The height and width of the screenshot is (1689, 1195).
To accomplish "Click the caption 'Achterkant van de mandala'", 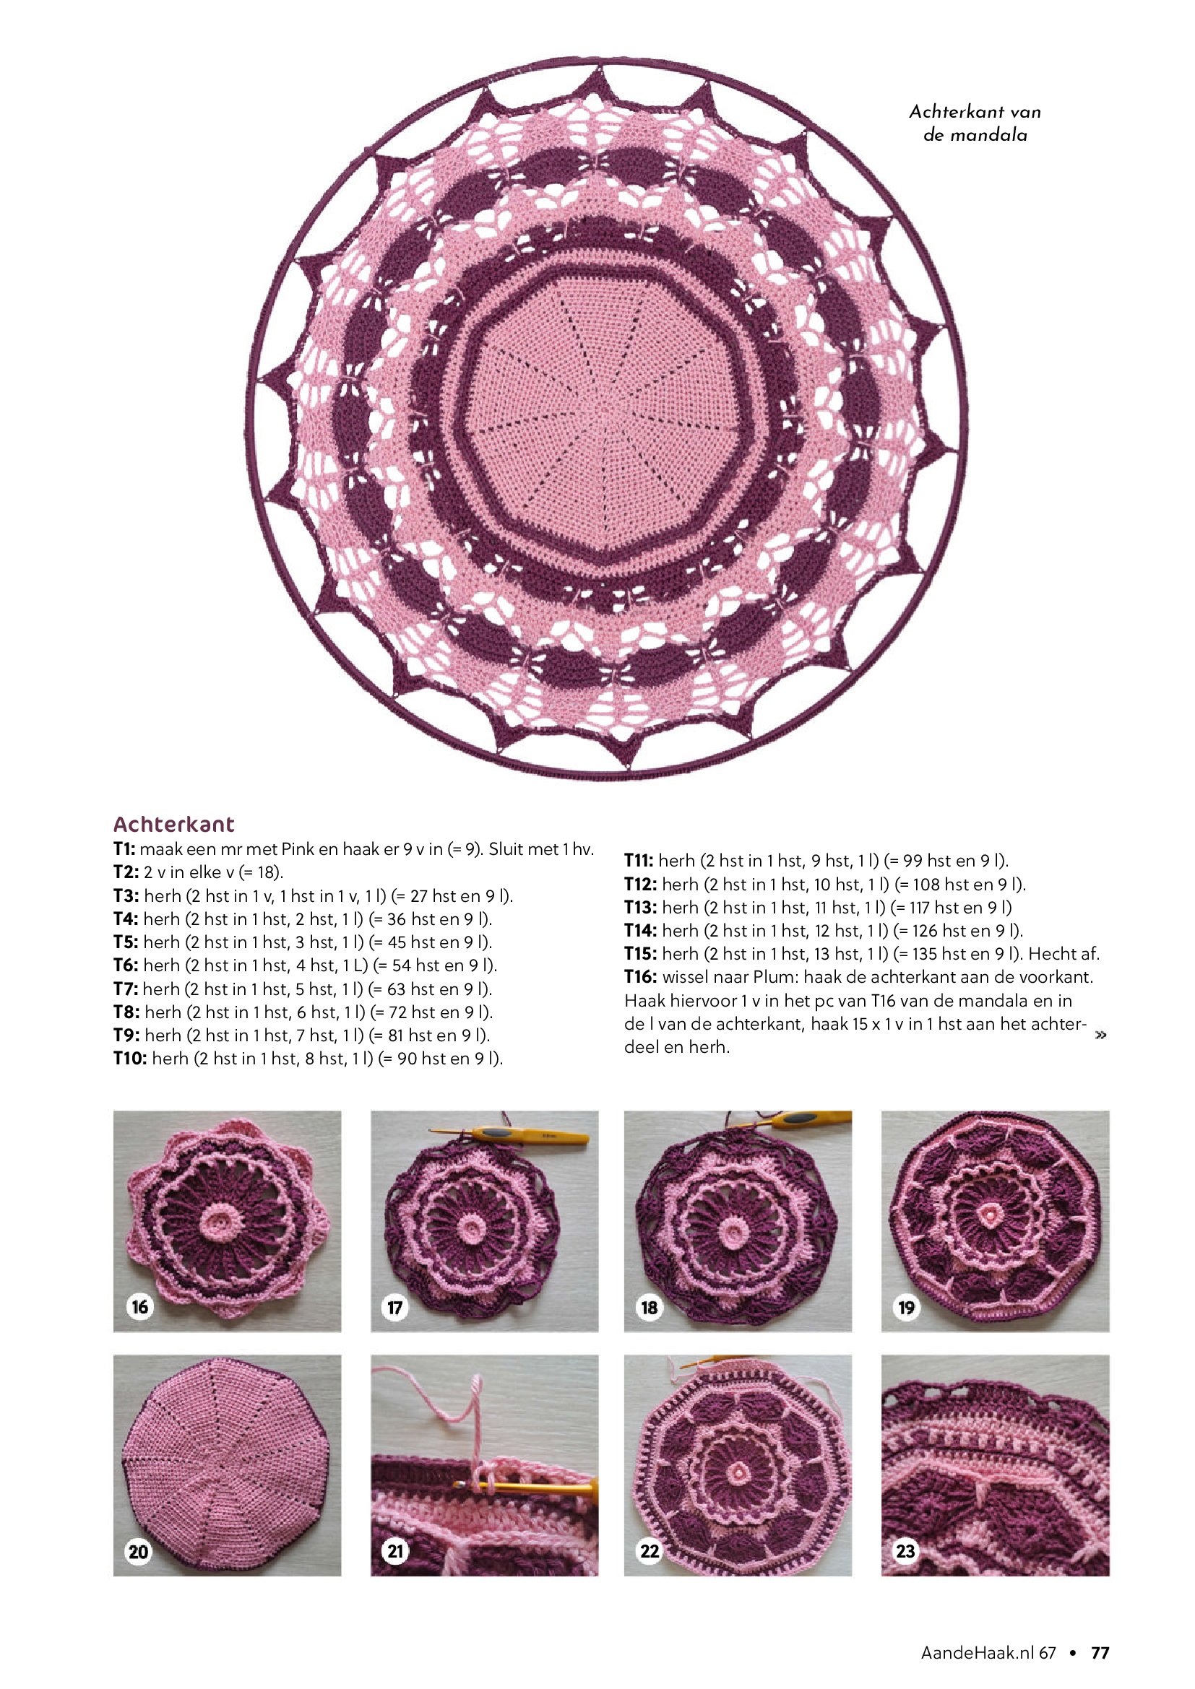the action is pos(975,123).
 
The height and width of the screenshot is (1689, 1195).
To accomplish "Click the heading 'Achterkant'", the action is pos(173,824).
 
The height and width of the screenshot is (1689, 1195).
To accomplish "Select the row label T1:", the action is pos(124,850).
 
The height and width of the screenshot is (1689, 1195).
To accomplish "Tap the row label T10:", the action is pos(130,1059).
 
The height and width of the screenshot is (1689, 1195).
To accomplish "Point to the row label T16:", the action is pos(640,978).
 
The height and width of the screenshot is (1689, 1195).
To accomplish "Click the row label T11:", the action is pos(639,861).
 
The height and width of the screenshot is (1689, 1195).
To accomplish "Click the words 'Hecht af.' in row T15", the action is pos(1064,954).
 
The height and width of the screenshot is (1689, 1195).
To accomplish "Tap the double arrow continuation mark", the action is pos(1101,1035).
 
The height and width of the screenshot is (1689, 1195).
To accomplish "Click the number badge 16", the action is pos(138,1306).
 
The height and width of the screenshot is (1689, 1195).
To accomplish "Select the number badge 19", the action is pos(906,1307).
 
